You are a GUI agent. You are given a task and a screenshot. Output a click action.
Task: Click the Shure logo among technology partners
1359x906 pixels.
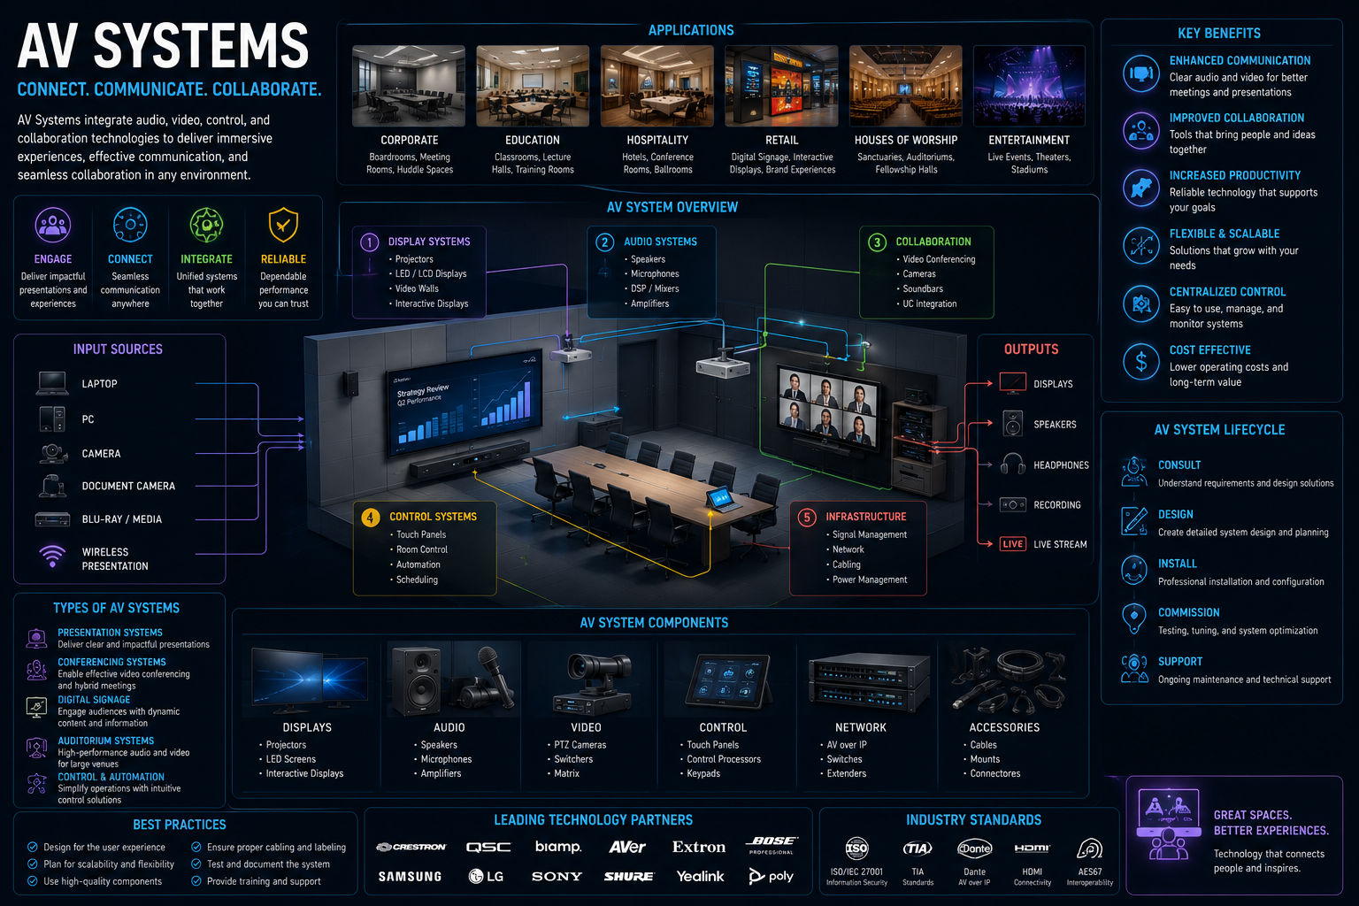click(628, 876)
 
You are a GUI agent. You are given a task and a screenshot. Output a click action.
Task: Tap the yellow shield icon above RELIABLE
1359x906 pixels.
click(283, 225)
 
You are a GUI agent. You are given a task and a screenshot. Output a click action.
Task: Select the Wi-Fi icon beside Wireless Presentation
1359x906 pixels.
click(52, 556)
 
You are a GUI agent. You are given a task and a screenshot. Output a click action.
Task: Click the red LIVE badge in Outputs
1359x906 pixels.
click(1012, 544)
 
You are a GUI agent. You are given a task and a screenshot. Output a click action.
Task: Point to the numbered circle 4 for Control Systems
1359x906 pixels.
click(370, 517)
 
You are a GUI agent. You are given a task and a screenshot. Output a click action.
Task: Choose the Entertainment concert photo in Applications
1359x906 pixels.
click(1029, 86)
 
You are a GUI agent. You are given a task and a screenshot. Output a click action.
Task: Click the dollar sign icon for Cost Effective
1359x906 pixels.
click(1141, 362)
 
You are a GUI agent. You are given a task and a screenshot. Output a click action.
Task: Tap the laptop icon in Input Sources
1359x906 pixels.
click(52, 383)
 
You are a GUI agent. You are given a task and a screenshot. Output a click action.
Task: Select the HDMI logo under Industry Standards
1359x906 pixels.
click(1032, 848)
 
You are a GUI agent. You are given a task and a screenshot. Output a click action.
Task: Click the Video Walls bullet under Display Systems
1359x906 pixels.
click(417, 288)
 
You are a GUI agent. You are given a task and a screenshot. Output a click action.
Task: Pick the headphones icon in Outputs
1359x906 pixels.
click(1012, 465)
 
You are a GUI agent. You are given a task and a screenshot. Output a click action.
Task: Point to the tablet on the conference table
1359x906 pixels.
click(722, 499)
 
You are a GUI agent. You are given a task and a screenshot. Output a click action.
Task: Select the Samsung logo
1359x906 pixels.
click(411, 876)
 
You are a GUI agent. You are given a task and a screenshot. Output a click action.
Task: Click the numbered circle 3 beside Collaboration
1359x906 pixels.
click(877, 242)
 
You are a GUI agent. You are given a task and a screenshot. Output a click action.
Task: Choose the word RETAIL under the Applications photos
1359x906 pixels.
click(781, 140)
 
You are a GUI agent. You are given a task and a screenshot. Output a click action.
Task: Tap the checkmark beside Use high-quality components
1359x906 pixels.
click(32, 881)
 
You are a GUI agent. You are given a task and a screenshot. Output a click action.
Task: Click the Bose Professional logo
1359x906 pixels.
click(772, 845)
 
